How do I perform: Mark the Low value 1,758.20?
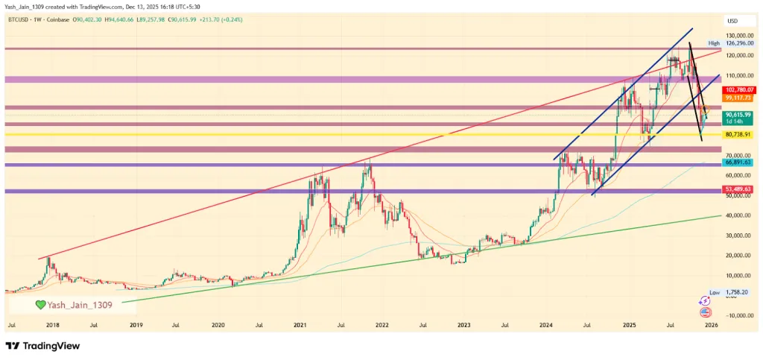(x=737, y=292)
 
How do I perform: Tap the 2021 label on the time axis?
(x=300, y=325)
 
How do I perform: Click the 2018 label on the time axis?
(x=52, y=325)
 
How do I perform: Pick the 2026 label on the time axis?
(x=712, y=325)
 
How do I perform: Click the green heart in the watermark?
(x=41, y=305)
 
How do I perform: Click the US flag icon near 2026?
(x=705, y=312)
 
